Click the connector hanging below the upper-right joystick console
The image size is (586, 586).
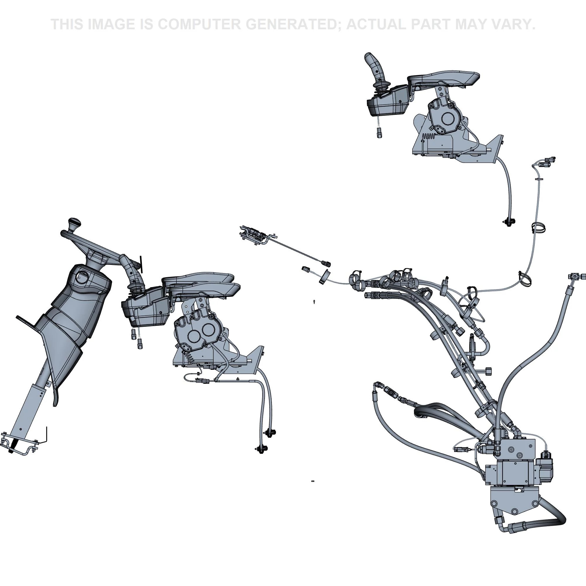pyautogui.click(x=379, y=132)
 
